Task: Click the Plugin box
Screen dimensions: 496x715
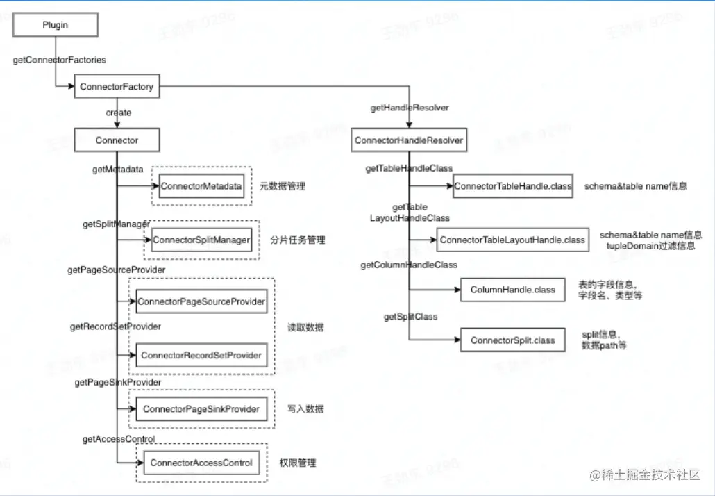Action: point(55,24)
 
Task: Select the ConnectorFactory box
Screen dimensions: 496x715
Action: point(117,87)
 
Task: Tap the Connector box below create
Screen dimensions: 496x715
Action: point(117,140)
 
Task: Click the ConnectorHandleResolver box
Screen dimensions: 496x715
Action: point(408,140)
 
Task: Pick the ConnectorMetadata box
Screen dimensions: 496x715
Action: point(201,186)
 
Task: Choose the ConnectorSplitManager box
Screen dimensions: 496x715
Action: point(201,240)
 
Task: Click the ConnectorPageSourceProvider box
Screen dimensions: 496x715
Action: point(201,301)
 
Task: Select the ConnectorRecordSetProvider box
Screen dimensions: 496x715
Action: point(201,355)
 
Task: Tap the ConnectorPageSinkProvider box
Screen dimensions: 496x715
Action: point(201,409)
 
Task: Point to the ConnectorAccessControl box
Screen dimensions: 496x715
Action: point(201,463)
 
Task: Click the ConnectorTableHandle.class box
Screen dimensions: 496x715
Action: point(513,186)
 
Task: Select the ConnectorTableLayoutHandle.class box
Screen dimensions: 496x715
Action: point(513,240)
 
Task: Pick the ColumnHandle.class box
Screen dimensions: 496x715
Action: point(513,290)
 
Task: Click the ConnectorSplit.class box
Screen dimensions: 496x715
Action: point(513,340)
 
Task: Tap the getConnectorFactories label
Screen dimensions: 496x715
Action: point(60,60)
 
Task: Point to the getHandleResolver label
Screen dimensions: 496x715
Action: point(410,108)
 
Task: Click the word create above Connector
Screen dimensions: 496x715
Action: point(118,113)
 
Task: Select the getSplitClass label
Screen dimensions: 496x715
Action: point(411,317)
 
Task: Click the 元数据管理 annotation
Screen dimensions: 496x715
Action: point(283,186)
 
